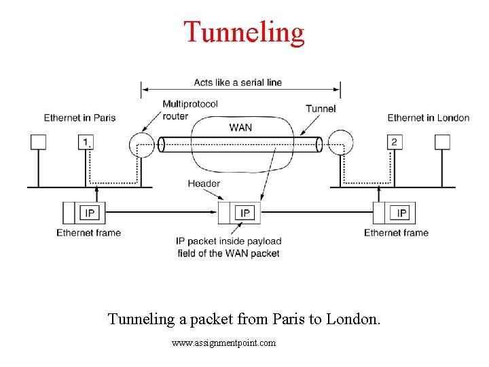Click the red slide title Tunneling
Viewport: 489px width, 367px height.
pyautogui.click(x=244, y=32)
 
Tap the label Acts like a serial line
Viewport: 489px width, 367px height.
pyautogui.click(x=238, y=82)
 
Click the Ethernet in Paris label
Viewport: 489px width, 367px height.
pyautogui.click(x=79, y=118)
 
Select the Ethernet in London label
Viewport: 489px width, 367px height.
pyautogui.click(x=428, y=118)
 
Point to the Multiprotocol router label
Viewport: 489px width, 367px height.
pyautogui.click(x=190, y=109)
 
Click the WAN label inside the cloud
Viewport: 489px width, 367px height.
pyautogui.click(x=240, y=128)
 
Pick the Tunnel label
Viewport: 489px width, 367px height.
pyautogui.click(x=321, y=109)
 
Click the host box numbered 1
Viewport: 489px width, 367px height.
pyautogui.click(x=86, y=142)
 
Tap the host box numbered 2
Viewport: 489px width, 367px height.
pyautogui.click(x=394, y=142)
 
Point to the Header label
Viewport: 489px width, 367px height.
pyautogui.click(x=204, y=183)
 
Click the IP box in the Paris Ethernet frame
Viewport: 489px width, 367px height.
pyautogui.click(x=90, y=213)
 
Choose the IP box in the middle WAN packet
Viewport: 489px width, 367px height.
pyautogui.click(x=245, y=213)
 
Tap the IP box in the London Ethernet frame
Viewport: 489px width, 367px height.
pyautogui.click(x=402, y=213)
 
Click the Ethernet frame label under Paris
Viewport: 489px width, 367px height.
pyautogui.click(x=88, y=232)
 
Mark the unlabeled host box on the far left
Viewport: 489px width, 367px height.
pyautogui.click(x=38, y=142)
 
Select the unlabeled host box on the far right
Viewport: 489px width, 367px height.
pyautogui.click(x=442, y=142)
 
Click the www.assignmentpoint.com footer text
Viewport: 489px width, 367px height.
pyautogui.click(x=224, y=343)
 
